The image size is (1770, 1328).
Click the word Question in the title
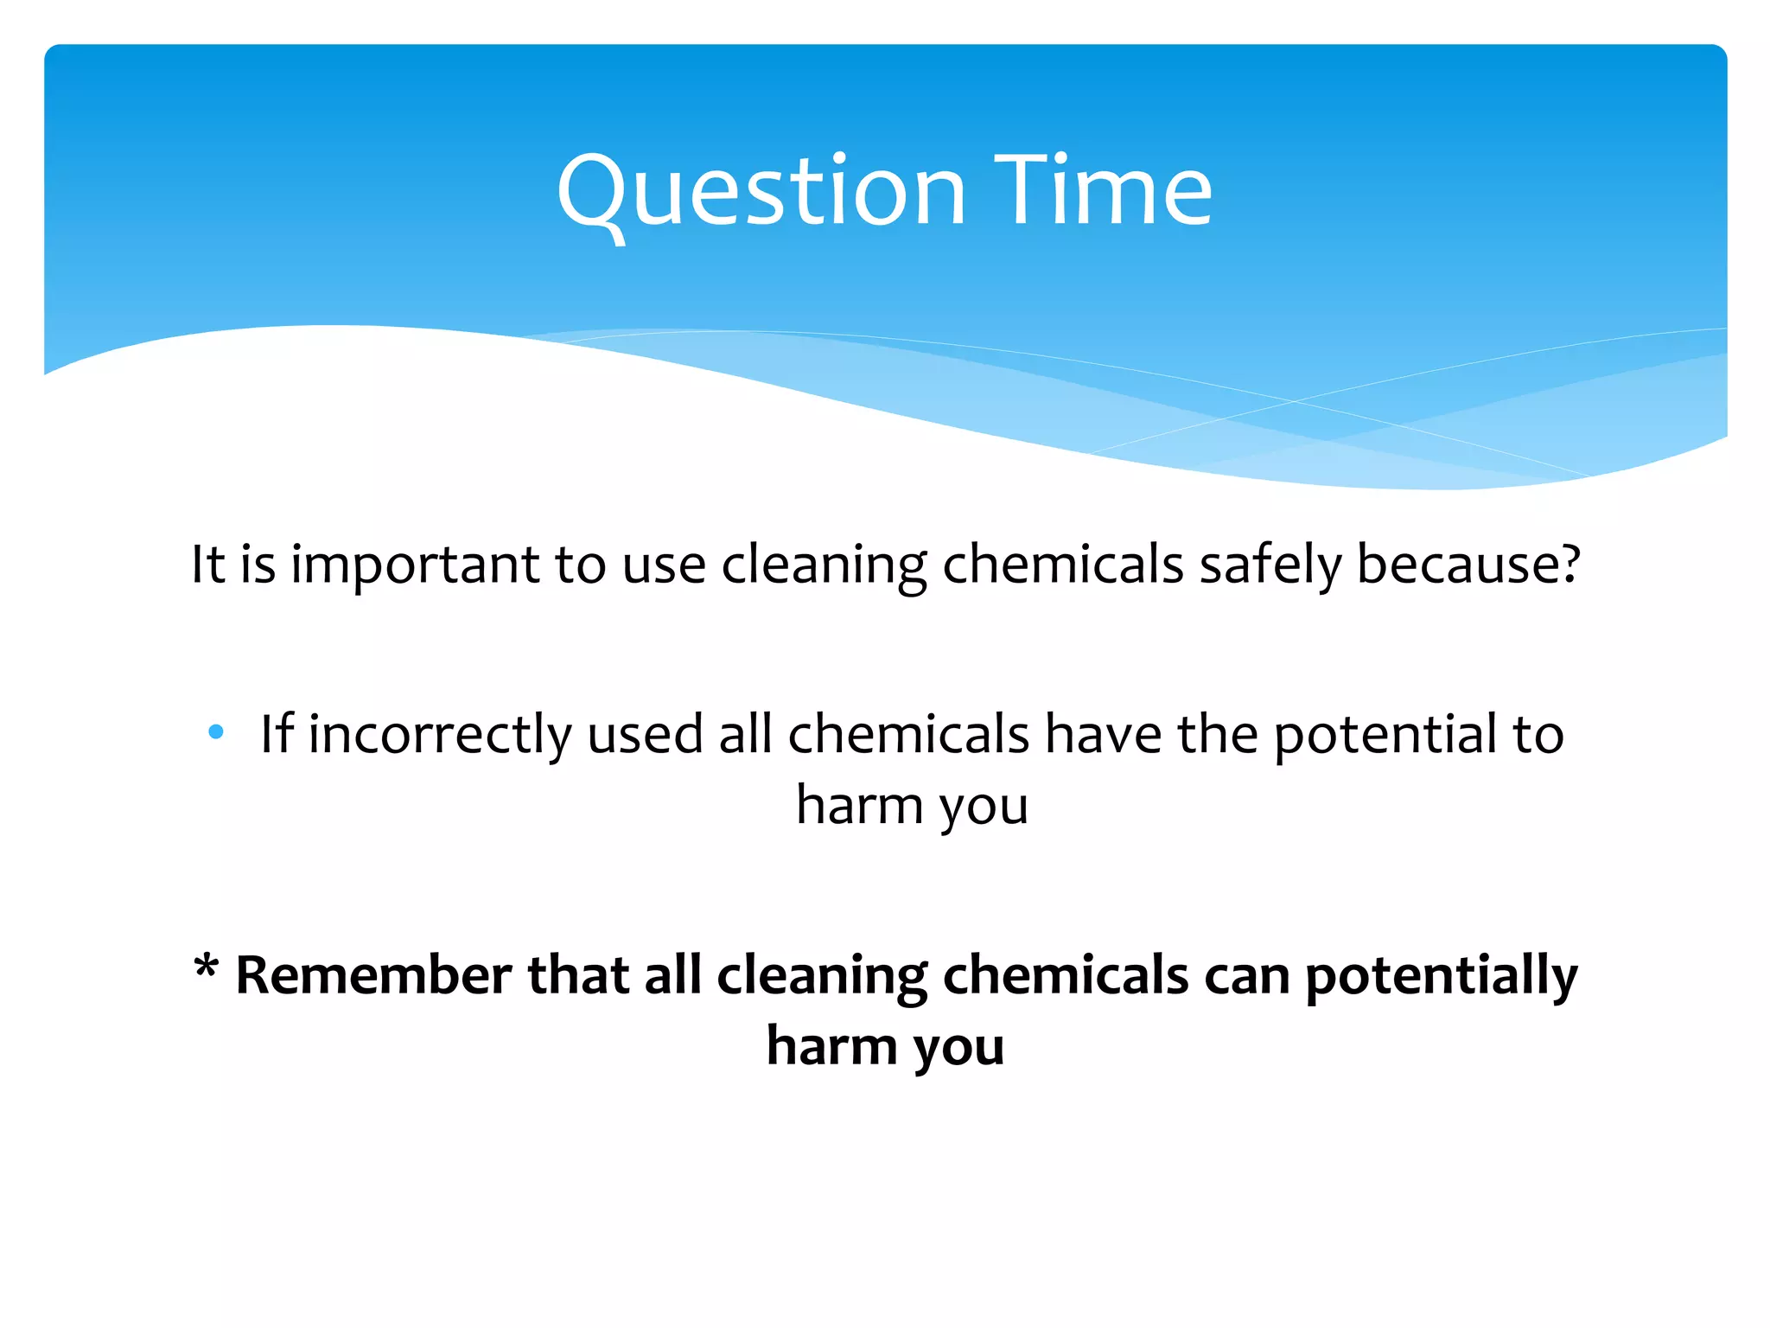(x=761, y=192)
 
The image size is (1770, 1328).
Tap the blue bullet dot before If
(x=216, y=733)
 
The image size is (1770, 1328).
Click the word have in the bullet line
(x=1103, y=734)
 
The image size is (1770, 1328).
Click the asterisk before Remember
(x=206, y=967)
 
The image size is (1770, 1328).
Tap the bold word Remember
(x=373, y=975)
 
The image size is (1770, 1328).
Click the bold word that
(x=578, y=975)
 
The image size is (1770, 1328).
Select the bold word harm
(x=832, y=1046)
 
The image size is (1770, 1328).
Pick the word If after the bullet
(x=277, y=734)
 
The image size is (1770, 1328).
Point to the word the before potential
(x=1217, y=734)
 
